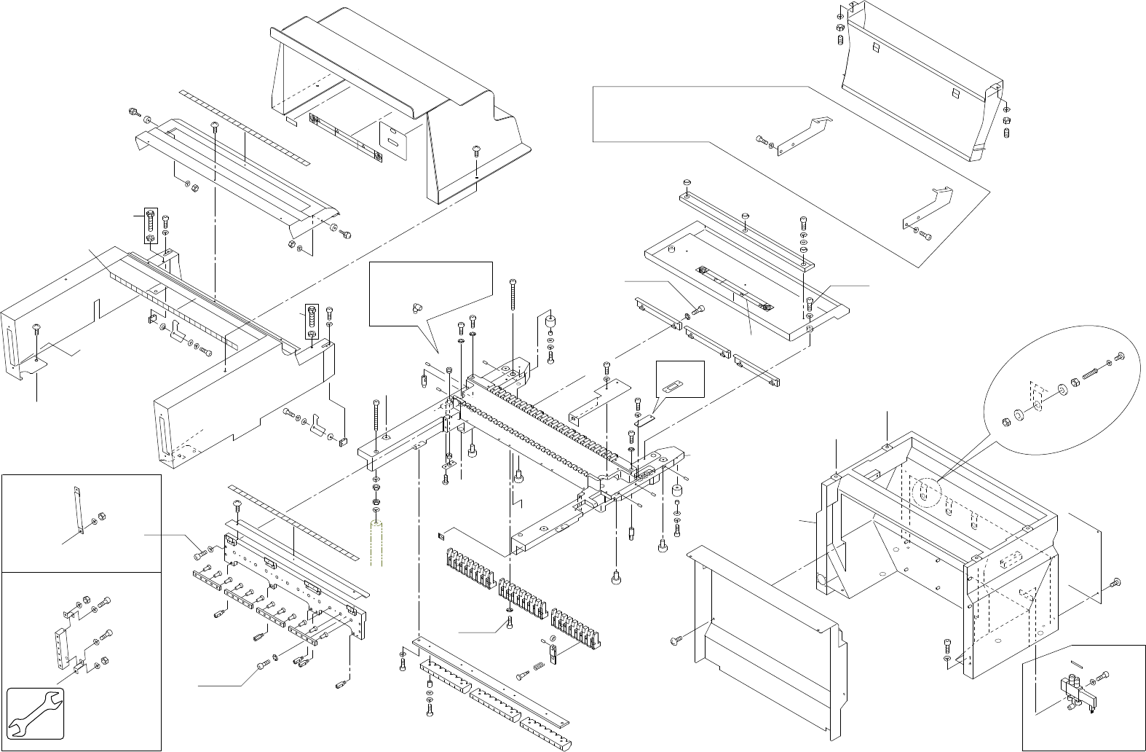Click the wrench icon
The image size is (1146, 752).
(x=36, y=713)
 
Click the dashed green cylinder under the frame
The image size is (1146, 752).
(x=376, y=542)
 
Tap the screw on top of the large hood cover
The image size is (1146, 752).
(x=475, y=149)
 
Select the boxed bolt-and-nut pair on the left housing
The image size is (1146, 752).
(x=150, y=227)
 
